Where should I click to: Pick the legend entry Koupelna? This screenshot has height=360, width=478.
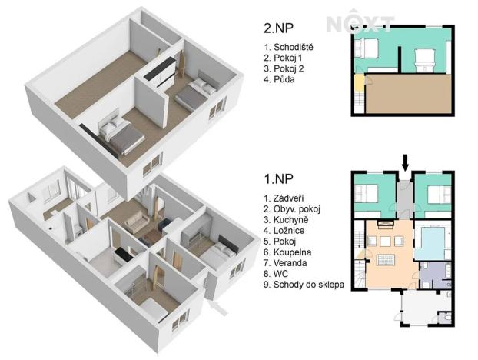point(290,252)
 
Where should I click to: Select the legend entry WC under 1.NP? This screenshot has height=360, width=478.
point(278,273)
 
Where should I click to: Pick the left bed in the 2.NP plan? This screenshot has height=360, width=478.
point(367,51)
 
